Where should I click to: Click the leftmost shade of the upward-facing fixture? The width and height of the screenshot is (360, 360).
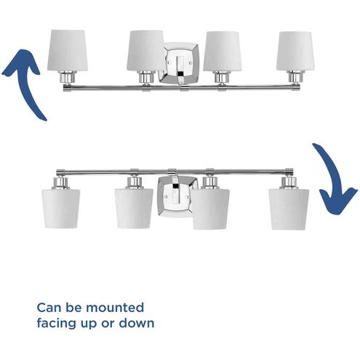point(68,49)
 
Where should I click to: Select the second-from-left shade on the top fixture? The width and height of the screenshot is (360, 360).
point(146,49)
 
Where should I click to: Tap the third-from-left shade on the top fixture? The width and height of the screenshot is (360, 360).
point(221,49)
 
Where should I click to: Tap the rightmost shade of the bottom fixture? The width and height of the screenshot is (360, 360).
point(289,209)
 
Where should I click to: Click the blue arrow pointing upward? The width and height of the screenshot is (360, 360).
point(24,80)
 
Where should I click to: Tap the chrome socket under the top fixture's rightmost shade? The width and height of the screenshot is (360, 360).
point(296,76)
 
